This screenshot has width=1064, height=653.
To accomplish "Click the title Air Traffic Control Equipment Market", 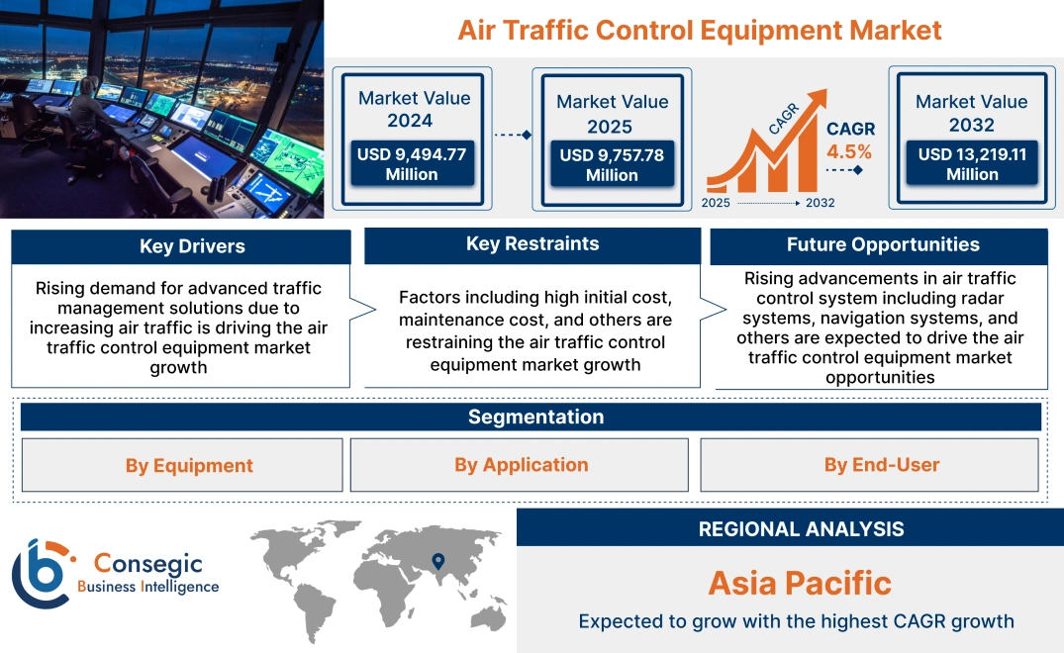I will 699,30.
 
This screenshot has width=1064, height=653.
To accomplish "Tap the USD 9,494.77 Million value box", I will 411,164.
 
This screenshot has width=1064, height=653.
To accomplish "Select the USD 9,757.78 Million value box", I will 611,165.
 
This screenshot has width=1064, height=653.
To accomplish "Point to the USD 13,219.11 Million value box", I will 971,164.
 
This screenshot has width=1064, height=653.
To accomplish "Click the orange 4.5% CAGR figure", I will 849,151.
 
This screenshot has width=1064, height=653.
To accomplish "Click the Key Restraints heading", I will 532,243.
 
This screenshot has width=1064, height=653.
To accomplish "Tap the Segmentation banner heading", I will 535,417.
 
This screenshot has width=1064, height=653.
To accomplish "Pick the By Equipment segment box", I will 189,465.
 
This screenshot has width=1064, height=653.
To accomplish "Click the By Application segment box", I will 521,464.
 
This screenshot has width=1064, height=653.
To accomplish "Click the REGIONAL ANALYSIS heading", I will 801,529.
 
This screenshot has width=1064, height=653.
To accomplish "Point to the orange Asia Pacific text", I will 799,583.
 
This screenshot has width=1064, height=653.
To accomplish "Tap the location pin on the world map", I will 438,562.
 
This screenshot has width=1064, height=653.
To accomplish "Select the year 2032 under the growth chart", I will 820,203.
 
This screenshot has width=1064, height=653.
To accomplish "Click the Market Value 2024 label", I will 414,109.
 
